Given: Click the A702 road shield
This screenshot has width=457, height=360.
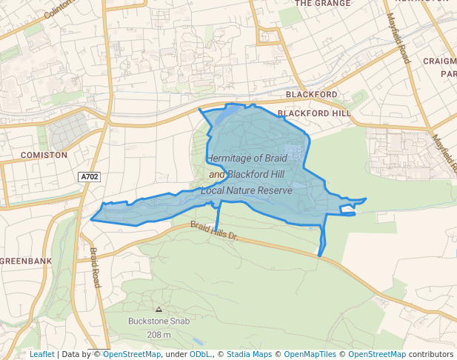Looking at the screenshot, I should click(x=89, y=177).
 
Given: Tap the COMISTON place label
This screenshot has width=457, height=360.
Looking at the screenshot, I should click(x=44, y=156).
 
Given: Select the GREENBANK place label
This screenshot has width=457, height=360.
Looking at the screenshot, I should click(x=26, y=261).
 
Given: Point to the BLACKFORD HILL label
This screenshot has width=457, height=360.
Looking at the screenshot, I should click(x=314, y=113).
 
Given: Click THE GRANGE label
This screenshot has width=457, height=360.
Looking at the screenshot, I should click(x=324, y=3).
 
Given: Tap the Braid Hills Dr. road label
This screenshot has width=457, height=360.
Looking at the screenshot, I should click(x=213, y=231).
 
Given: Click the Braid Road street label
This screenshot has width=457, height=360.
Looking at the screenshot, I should click(x=94, y=267).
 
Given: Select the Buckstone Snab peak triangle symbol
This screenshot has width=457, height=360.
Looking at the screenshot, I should click(x=159, y=309).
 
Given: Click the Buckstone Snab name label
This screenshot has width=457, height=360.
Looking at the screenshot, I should click(x=159, y=321).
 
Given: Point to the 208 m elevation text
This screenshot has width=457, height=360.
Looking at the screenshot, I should click(x=159, y=335).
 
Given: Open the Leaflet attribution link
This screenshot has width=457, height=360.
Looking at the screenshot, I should click(x=41, y=354).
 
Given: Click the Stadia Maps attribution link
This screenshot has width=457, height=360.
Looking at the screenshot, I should click(x=249, y=354).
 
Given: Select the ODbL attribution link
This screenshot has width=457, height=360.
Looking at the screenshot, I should click(x=200, y=354).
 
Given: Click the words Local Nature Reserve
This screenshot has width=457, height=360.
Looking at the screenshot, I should click(x=247, y=191).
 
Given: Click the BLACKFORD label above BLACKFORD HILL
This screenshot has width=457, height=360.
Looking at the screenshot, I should click(x=311, y=95).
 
